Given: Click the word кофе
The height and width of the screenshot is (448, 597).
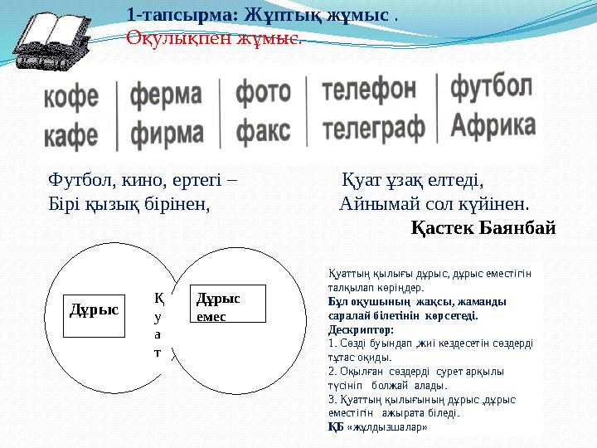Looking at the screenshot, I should coord(70,98).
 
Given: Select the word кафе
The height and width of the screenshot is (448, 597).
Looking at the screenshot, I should coord(70,134).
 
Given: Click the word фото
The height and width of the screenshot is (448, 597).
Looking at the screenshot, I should coord(263,93).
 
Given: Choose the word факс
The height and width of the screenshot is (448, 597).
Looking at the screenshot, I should coord(263,130).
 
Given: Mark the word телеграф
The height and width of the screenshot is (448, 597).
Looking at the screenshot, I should coord(373,128).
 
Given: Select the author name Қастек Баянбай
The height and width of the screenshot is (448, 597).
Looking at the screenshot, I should coord(483,227).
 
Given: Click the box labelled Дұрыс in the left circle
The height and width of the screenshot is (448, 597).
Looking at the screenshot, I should coord(93,308).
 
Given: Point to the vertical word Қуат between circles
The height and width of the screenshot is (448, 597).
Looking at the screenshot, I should coord(158,324).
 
